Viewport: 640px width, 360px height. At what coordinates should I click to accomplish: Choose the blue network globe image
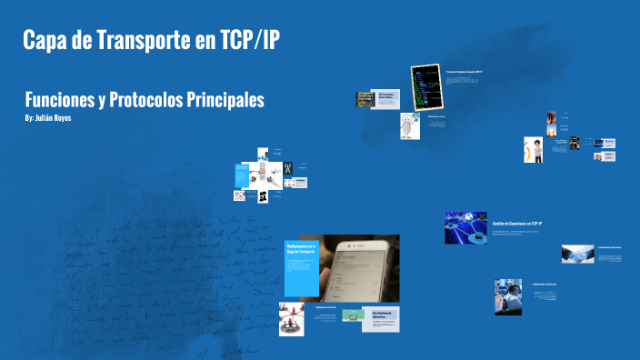(465, 226)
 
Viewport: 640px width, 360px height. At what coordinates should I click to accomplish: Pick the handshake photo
(577, 254)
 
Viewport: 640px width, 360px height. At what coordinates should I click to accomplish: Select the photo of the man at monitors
(507, 296)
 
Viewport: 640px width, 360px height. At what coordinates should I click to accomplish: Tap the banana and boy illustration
(533, 149)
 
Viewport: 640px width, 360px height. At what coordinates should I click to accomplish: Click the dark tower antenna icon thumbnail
(288, 168)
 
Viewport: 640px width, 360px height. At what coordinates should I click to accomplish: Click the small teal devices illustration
(353, 315)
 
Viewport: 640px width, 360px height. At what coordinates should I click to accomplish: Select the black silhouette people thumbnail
(262, 195)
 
